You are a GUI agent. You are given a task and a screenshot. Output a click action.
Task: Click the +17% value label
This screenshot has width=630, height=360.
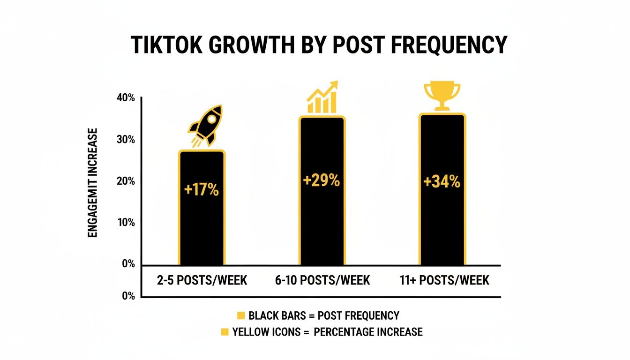pos(202,190)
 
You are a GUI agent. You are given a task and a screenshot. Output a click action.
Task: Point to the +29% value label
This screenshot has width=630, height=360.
pos(321,180)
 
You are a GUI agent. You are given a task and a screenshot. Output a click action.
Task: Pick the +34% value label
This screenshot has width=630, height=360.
pos(442,182)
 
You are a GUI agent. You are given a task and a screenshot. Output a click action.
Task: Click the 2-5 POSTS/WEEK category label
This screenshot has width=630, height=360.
pos(202,280)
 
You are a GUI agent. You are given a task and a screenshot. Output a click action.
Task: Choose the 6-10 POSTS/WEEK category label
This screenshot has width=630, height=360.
pos(322,280)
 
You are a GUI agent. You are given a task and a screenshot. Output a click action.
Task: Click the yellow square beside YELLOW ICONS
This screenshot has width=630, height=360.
pos(225,332)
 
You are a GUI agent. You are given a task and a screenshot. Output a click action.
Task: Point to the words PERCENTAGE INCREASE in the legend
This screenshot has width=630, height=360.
pos(368,332)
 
